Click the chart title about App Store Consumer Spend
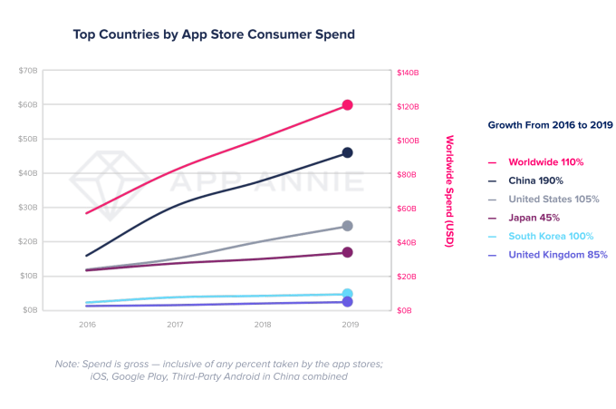point(214,34)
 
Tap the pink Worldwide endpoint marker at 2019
point(347,105)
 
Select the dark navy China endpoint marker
point(347,152)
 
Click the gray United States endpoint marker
point(347,226)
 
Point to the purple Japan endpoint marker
point(347,252)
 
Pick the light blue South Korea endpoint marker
point(347,294)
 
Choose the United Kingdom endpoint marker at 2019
point(347,301)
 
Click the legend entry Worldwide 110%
point(545,161)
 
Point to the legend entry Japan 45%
point(534,218)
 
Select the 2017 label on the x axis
point(175,323)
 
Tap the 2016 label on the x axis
point(87,323)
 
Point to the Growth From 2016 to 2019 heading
point(550,124)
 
